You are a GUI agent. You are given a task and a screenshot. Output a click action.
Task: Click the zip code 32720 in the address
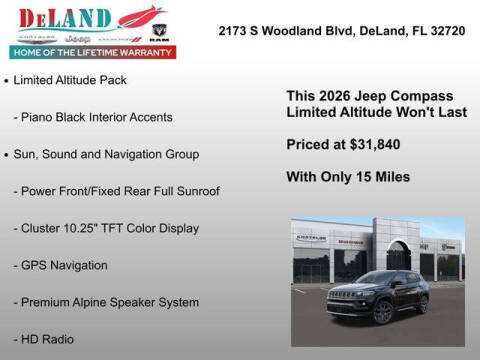446,31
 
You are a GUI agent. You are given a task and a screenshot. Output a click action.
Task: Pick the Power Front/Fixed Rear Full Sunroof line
117,191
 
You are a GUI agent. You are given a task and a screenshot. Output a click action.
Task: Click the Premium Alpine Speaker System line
106,302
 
